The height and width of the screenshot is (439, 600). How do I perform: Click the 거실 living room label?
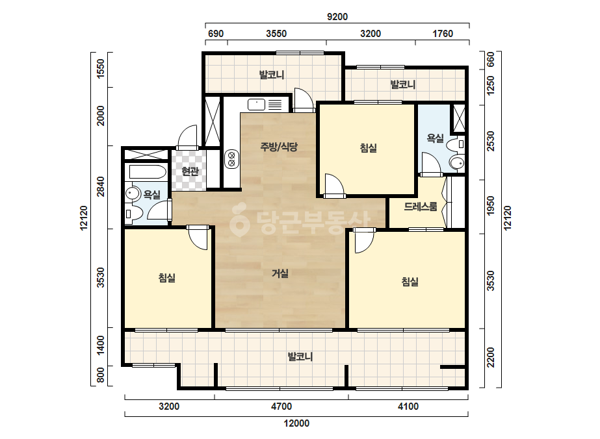[280, 273]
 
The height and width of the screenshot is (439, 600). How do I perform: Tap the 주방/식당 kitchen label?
[279, 147]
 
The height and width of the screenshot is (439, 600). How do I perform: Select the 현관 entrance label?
[190, 171]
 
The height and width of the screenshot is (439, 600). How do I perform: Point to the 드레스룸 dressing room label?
[420, 207]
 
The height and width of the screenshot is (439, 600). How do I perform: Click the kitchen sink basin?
[256, 104]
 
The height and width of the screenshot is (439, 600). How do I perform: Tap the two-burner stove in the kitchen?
[231, 159]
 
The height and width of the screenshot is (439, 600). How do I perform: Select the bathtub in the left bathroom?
[148, 171]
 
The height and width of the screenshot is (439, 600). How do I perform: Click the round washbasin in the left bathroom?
[133, 194]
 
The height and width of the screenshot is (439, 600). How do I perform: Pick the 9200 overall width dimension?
[337, 17]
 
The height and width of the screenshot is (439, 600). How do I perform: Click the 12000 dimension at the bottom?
[296, 423]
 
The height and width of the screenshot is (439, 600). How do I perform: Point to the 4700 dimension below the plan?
[281, 407]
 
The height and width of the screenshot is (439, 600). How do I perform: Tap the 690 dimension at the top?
[215, 34]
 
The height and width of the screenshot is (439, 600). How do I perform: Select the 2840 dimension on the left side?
[100, 186]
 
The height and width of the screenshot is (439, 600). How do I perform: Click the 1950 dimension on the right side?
[491, 205]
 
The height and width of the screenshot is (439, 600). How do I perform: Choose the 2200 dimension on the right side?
[491, 358]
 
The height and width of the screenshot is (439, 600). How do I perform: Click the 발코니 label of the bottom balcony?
[300, 357]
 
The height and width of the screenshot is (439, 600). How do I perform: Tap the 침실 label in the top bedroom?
[369, 147]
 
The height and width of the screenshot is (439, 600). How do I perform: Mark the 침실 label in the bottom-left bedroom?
[167, 278]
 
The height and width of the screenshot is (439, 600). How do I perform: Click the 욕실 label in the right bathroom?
[435, 138]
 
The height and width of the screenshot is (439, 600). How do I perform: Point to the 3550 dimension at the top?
[276, 34]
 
